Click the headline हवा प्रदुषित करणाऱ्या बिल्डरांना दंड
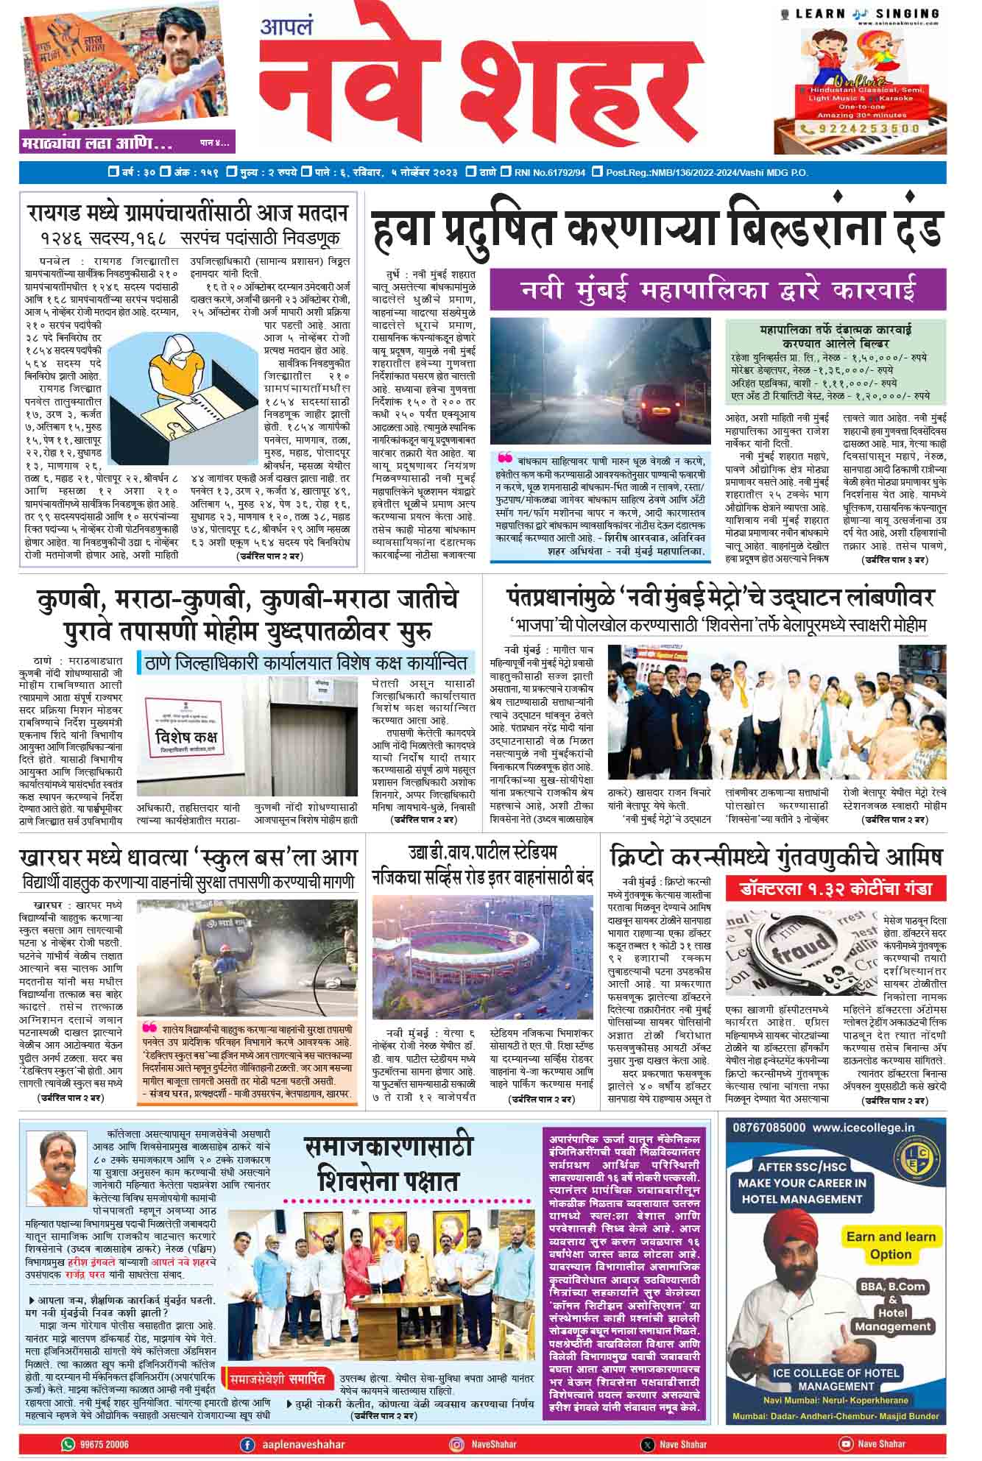coord(657,230)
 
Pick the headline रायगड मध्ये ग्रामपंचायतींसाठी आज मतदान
coord(188,214)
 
